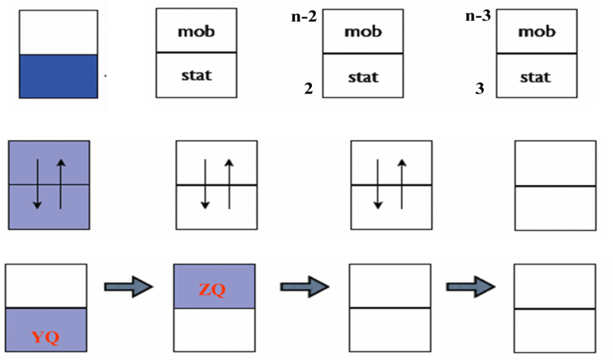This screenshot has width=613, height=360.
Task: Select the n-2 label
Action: tap(304, 17)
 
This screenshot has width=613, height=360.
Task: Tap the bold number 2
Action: tap(308, 89)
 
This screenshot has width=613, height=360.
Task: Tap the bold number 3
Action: tap(480, 89)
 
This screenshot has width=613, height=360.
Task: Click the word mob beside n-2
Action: tap(363, 32)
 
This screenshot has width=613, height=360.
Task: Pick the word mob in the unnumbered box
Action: tap(196, 31)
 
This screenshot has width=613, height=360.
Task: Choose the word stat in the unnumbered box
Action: tap(196, 76)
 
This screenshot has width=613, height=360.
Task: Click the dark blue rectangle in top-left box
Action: tap(58, 76)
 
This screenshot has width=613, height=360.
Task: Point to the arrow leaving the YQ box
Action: tap(128, 286)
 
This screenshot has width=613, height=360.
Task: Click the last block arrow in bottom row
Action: tap(470, 286)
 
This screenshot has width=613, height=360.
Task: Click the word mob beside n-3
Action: tap(536, 32)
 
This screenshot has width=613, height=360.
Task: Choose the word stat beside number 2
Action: tap(363, 77)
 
